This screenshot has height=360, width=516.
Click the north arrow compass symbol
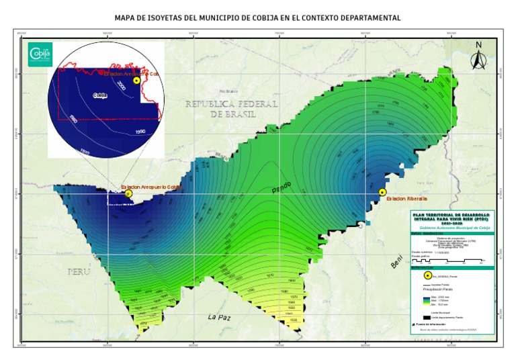[478, 56]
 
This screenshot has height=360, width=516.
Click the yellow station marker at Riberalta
[382, 192]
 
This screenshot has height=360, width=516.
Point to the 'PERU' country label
[79, 271]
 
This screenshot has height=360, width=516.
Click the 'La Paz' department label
[220, 316]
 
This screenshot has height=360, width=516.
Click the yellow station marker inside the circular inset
[136, 81]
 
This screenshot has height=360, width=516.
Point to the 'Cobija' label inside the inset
[101, 95]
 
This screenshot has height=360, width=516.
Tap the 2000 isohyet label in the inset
[121, 86]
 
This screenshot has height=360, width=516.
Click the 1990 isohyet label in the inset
[140, 132]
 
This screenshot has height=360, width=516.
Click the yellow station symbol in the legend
[427, 275]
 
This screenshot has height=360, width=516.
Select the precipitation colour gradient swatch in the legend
[426, 302]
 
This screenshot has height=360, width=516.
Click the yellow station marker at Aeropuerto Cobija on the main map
[129, 193]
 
